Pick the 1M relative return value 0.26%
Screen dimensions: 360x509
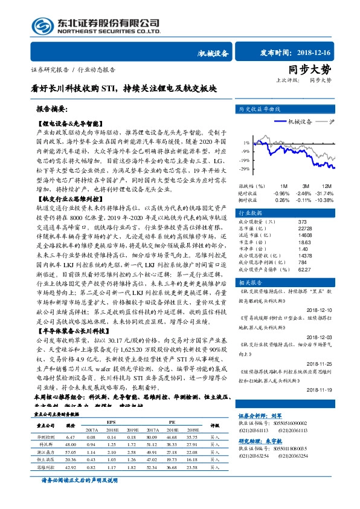tap(282, 199)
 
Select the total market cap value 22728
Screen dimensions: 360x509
tap(305, 227)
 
